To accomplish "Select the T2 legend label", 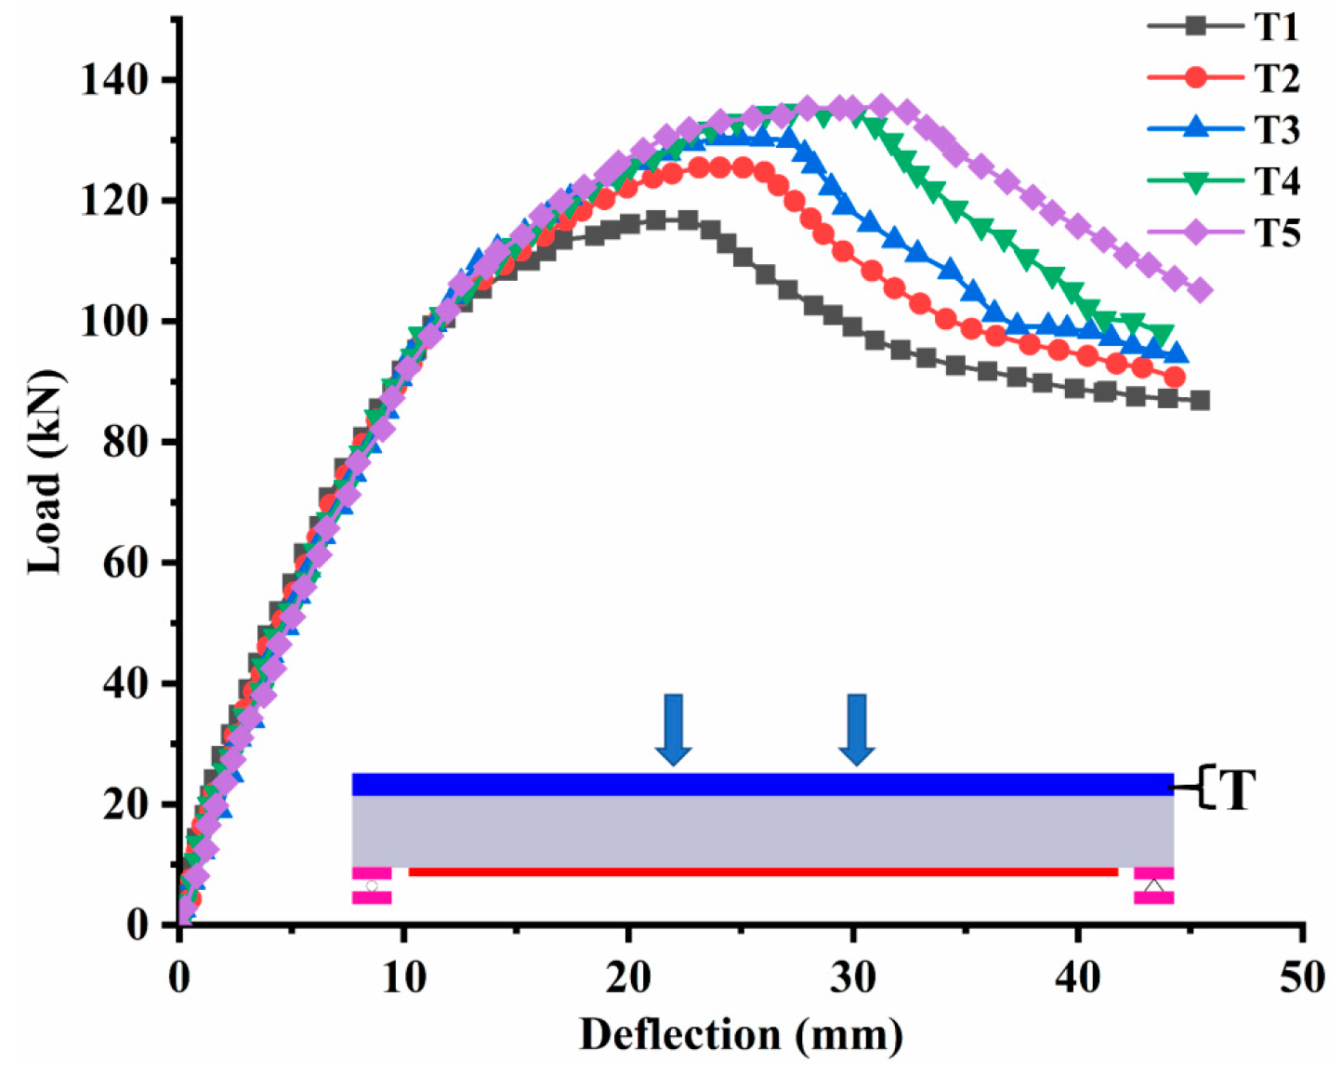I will click(x=1276, y=78).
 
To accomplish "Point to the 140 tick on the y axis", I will click(x=114, y=80).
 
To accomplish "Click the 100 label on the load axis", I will click(x=114, y=322).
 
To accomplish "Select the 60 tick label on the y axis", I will click(x=125, y=563).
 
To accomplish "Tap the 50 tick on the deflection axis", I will click(x=1303, y=977).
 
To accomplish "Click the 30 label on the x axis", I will click(x=852, y=977).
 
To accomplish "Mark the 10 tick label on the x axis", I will click(x=403, y=977).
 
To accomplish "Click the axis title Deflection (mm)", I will click(x=741, y=1034).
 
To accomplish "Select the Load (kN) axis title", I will click(x=45, y=471).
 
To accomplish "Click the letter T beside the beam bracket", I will click(x=1236, y=790).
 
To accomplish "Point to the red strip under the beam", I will click(x=762, y=871).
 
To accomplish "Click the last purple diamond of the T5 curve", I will click(x=1200, y=291).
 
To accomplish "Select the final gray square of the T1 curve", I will click(x=1199, y=400).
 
